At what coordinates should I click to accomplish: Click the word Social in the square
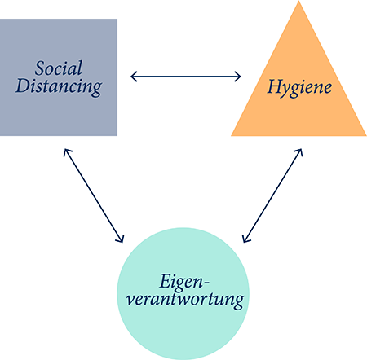pos(59,68)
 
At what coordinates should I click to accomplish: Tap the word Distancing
pos(59,86)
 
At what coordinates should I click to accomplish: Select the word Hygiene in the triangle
pos(299,88)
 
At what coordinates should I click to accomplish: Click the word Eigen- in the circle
pos(184,281)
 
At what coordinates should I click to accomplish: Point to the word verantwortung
pos(185,300)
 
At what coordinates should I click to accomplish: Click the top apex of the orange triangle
pos(298,1)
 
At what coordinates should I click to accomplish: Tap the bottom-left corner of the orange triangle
pos(231,135)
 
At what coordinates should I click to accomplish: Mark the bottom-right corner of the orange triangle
pos(366,135)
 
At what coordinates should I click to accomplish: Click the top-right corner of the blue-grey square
pos(117,19)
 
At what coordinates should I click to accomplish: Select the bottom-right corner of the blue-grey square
pos(117,135)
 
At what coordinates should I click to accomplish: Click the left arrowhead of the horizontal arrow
pos(131,77)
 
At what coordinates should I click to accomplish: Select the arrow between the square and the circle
pos(94,195)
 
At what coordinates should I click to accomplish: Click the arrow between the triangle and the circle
pos(272,195)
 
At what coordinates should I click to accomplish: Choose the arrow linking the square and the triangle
pos(186,77)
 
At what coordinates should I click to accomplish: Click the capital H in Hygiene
pos(274,86)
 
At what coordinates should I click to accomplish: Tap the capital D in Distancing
pos(22,86)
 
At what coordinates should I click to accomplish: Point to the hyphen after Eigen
pos(206,283)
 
